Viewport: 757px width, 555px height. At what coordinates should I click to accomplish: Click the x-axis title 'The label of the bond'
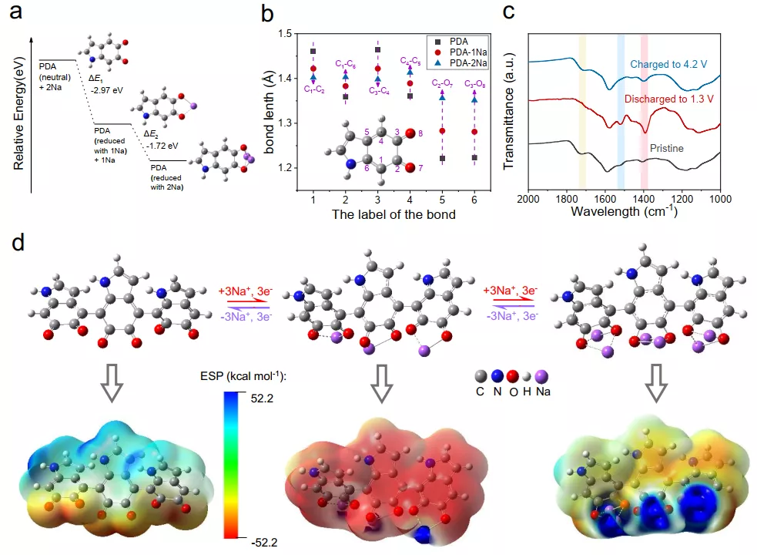click(x=393, y=214)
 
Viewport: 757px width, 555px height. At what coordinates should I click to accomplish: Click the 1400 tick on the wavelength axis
click(x=643, y=198)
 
